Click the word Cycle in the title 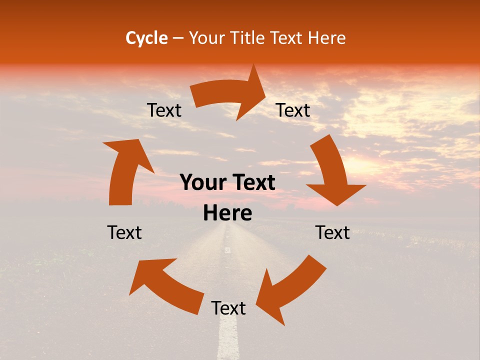click(146, 38)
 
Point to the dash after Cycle click(178, 38)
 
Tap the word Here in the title click(327, 38)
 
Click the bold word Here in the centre click(227, 213)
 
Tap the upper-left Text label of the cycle click(164, 110)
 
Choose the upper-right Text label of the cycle click(293, 110)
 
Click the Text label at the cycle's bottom click(228, 308)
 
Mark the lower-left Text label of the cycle click(124, 232)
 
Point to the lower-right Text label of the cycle click(332, 232)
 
